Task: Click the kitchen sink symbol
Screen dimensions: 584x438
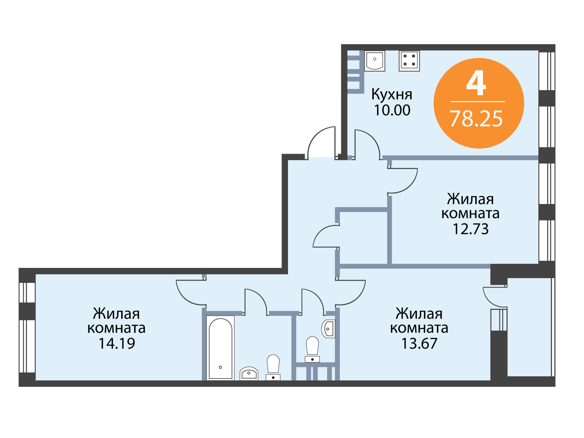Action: click(374, 61)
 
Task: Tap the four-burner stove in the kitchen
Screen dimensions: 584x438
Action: click(409, 61)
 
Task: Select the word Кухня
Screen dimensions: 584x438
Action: click(392, 95)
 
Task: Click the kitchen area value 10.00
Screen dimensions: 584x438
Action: click(392, 110)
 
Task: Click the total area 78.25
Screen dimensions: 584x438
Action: click(476, 119)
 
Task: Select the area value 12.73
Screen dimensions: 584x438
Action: click(470, 229)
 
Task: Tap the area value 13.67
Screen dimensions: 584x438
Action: click(419, 343)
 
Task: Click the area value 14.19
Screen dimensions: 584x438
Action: click(117, 343)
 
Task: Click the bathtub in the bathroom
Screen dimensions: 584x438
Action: click(220, 348)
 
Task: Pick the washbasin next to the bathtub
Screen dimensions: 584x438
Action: click(249, 374)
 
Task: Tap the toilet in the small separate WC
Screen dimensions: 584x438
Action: click(312, 349)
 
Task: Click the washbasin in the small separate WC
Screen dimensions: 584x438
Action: click(328, 329)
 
